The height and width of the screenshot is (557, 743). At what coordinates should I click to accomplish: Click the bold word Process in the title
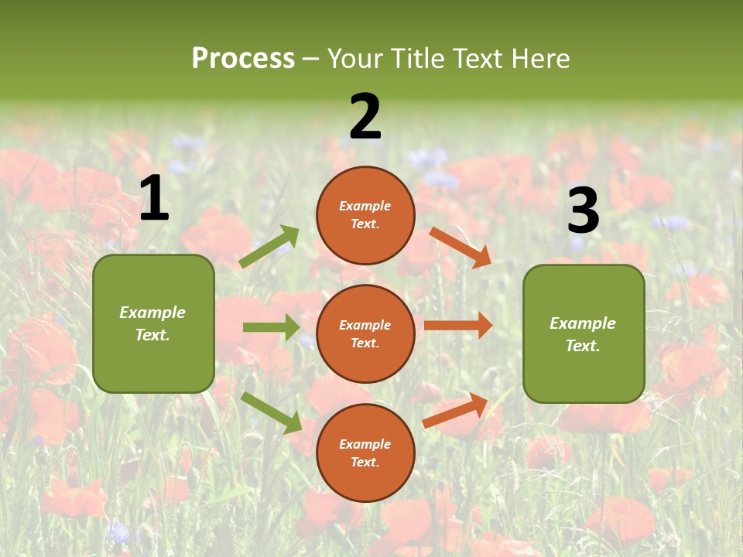pos(243,58)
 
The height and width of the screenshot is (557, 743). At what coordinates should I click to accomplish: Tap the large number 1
pos(154,199)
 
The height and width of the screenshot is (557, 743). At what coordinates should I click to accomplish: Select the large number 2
pos(365,117)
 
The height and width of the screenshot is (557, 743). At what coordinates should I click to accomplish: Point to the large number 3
pos(584,211)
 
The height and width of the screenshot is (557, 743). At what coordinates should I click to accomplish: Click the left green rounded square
pos(153,323)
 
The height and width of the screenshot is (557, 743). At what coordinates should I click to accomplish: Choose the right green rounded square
pos(584,334)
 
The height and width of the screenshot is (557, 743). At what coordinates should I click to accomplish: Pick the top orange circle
pos(365,215)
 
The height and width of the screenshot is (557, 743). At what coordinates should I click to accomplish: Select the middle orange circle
pos(365,333)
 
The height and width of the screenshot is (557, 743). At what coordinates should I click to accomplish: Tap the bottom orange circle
pos(365,453)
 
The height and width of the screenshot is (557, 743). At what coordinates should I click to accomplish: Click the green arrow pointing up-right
pos(269,247)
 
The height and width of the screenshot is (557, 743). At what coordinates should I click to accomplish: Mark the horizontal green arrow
pos(271,327)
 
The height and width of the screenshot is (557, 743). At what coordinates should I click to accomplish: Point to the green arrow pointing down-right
pos(271,412)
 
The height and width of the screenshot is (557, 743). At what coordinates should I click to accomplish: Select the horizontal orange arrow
pos(458,326)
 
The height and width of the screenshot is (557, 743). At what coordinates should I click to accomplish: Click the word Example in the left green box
pos(152,313)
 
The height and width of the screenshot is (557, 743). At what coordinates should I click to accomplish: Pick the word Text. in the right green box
pos(583,346)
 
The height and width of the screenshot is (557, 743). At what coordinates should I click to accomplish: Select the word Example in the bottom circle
pos(365,444)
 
